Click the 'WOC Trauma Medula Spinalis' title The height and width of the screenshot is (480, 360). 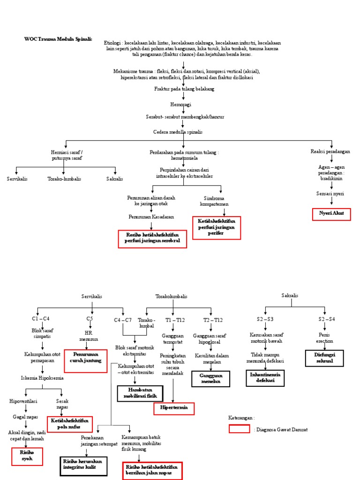tap(58, 39)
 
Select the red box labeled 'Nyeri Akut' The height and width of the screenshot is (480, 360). tap(331, 214)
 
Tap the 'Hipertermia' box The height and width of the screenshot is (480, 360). tap(174, 408)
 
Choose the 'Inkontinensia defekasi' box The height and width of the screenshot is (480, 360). tap(266, 378)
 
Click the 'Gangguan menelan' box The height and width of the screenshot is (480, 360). tap(211, 379)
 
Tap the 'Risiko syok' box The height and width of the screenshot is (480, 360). tap(27, 456)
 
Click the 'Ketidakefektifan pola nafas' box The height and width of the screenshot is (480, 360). tap(70, 424)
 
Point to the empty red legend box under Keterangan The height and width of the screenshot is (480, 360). tap(239, 429)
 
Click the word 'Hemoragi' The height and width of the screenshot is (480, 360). tap(181, 105)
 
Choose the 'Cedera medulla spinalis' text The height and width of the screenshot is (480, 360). tap(178, 132)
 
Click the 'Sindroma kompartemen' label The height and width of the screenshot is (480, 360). tap(214, 201)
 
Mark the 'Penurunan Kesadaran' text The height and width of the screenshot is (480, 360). tap(151, 217)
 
